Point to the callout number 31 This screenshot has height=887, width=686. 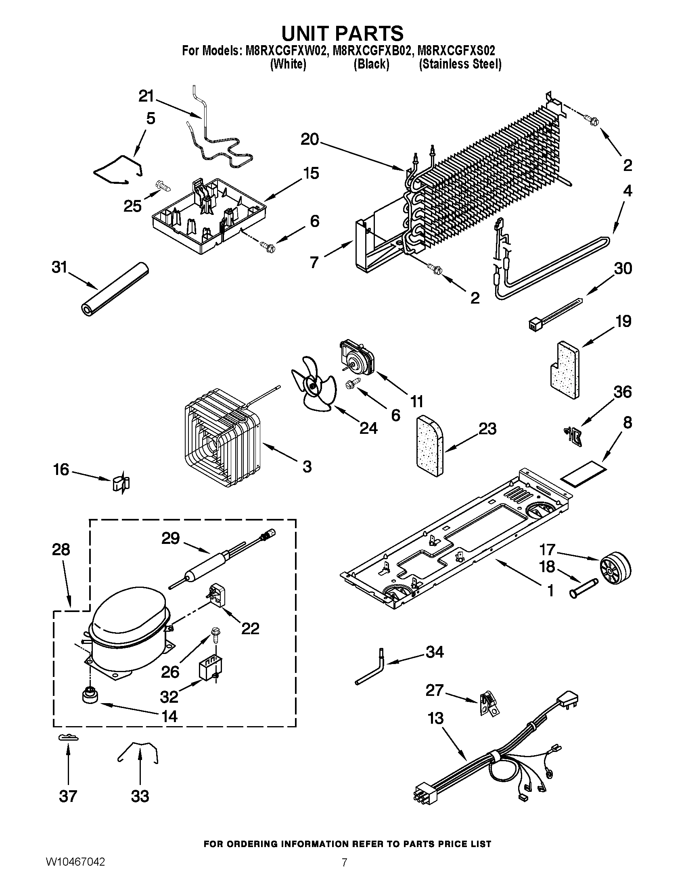click(x=60, y=269)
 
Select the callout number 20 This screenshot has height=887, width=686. click(x=310, y=140)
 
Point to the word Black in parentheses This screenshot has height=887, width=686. click(x=371, y=64)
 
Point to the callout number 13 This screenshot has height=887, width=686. click(x=435, y=718)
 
